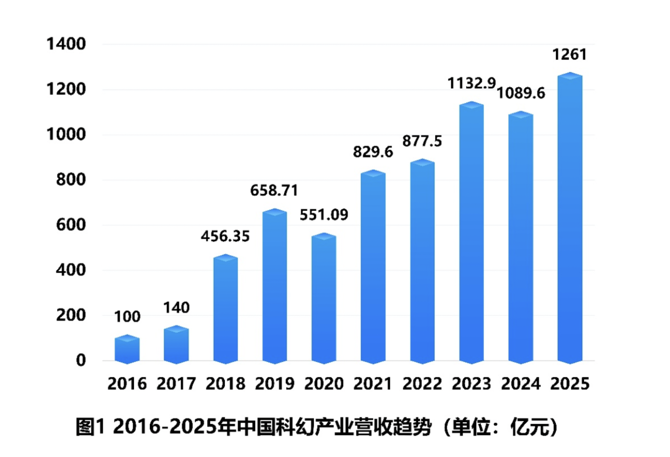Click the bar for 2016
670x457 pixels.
127,350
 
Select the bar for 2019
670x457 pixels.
274,286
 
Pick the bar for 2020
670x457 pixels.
324,299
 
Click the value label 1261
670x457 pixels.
569,54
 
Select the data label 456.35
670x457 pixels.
225,236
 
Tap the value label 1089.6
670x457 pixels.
521,93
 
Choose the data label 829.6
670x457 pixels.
373,152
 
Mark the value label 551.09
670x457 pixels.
324,215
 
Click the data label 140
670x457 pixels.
176,307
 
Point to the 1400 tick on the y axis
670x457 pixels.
66,44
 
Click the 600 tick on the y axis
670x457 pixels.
71,225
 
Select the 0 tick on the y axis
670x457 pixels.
81,360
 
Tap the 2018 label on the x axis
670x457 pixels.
225,384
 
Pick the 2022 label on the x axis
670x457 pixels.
422,384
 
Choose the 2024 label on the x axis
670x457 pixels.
521,384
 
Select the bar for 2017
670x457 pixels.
176,345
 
